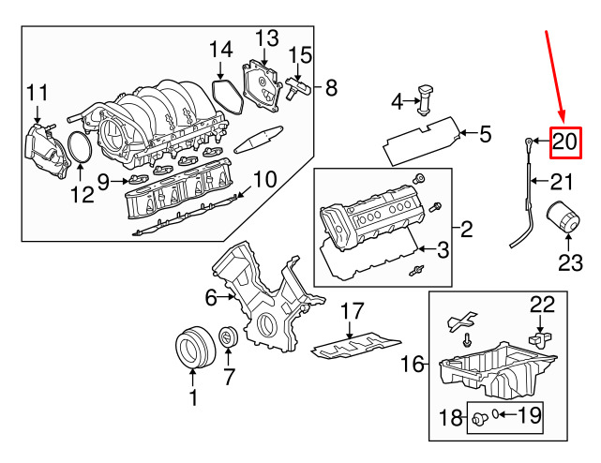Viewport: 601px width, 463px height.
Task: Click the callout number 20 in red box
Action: coord(563,142)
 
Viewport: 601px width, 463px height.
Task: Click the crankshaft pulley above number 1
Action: coord(192,349)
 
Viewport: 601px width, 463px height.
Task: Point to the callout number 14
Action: coord(220,49)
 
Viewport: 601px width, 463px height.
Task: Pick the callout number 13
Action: coord(266,38)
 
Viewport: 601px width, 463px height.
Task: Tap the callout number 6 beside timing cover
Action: coord(211,298)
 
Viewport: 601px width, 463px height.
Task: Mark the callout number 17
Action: coord(351,311)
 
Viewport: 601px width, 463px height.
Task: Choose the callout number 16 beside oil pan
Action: coord(413,364)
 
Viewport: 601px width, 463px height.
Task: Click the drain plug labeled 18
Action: coord(479,418)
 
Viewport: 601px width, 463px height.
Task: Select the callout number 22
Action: coord(543,304)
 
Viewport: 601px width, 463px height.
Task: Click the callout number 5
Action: coord(485,134)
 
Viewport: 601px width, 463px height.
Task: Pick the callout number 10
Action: coord(264,178)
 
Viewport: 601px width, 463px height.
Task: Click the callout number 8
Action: coord(330,89)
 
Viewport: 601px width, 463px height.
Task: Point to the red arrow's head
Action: coord(562,120)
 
